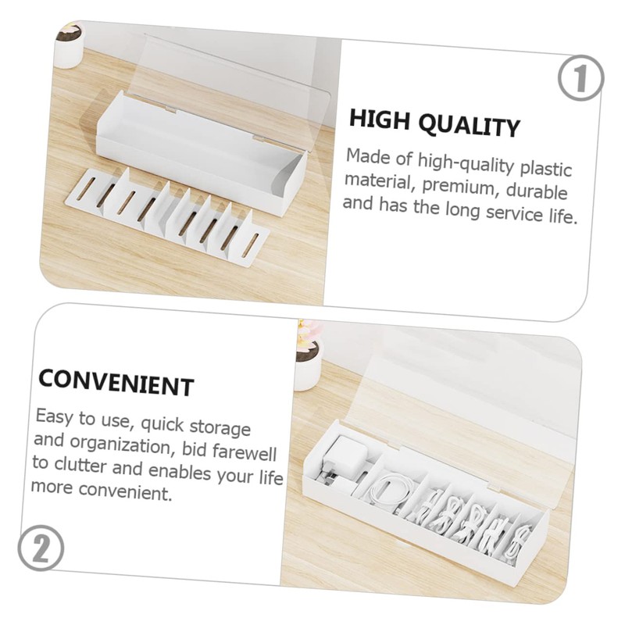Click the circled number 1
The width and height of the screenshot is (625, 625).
[x=580, y=80]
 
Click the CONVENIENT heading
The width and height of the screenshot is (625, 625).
[x=115, y=383]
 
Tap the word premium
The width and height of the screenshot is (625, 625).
[x=464, y=187]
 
